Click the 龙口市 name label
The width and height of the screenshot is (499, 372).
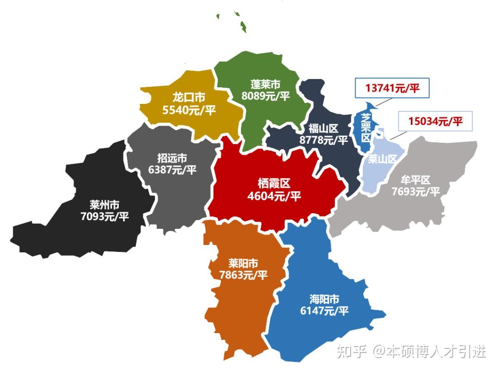pos(189,98)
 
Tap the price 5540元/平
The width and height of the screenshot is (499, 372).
pos(189,111)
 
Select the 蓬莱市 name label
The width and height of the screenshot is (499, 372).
pos(266,85)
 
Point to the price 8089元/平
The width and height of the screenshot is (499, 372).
pos(266,96)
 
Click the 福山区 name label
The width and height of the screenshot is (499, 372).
pos(324,128)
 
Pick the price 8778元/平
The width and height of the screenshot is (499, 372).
pos(324,140)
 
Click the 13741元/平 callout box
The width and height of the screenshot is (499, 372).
pos(392,88)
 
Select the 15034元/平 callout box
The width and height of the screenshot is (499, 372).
pos(435,122)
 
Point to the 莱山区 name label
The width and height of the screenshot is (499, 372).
pos(383,159)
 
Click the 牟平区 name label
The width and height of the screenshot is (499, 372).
pos(415,179)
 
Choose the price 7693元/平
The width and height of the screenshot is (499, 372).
pos(415,191)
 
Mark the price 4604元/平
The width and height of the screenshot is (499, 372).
pos(274,196)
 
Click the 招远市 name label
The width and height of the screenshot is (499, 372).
pos(172,158)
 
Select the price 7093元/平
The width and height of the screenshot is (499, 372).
pos(105,216)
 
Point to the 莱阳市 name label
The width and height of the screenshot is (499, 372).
pos(243,263)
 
